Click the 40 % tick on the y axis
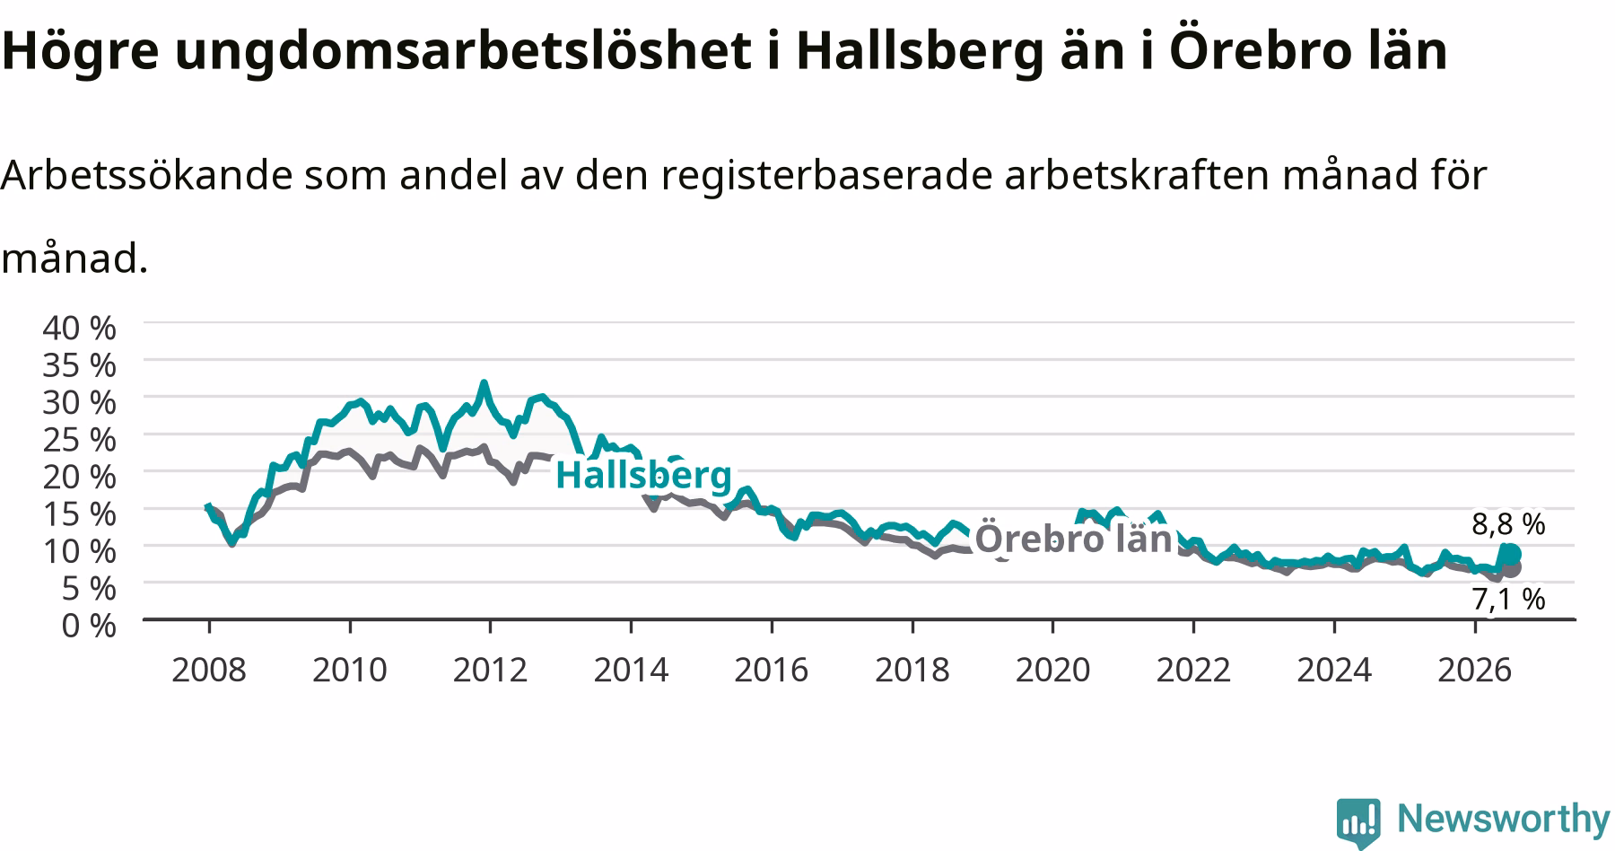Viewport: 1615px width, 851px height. [79, 328]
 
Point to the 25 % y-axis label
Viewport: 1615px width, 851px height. [79, 440]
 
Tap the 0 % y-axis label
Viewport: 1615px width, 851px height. [88, 625]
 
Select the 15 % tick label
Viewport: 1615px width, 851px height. [79, 514]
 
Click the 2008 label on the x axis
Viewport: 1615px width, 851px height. [208, 670]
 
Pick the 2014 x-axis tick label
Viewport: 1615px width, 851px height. [631, 670]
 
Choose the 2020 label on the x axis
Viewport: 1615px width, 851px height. [1052, 670]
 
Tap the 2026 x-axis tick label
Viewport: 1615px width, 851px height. [1475, 670]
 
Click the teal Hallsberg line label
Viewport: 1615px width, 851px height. [643, 475]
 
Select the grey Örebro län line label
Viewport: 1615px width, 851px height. [1073, 538]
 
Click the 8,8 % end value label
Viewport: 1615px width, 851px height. [1508, 523]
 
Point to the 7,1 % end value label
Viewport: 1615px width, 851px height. [1508, 599]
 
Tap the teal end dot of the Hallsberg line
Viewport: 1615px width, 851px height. [1511, 553]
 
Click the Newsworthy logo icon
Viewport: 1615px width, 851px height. [1359, 821]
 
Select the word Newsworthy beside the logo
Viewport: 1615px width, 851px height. [1504, 819]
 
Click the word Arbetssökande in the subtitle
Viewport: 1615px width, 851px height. [148, 175]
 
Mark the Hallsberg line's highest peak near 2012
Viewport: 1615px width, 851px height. [484, 383]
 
